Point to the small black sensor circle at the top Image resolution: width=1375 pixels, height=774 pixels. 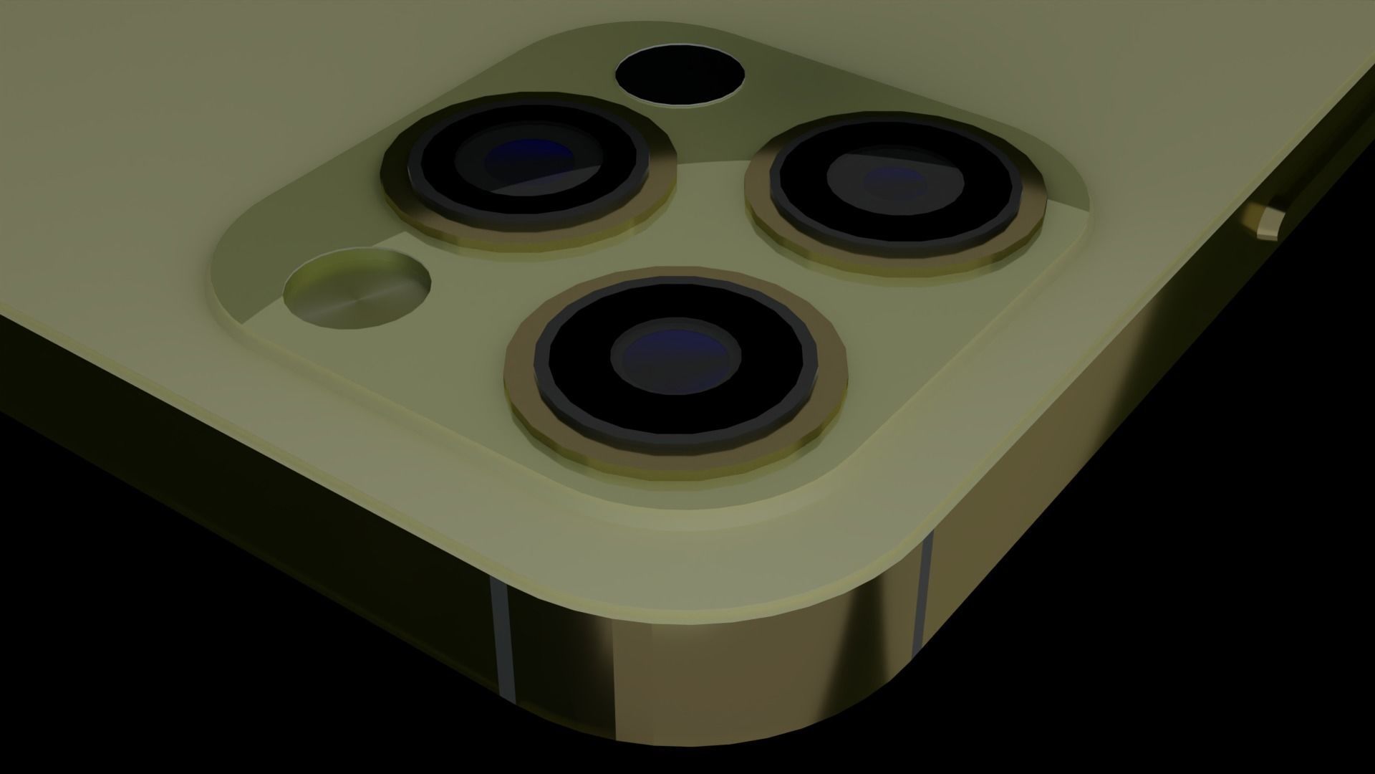(x=680, y=75)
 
